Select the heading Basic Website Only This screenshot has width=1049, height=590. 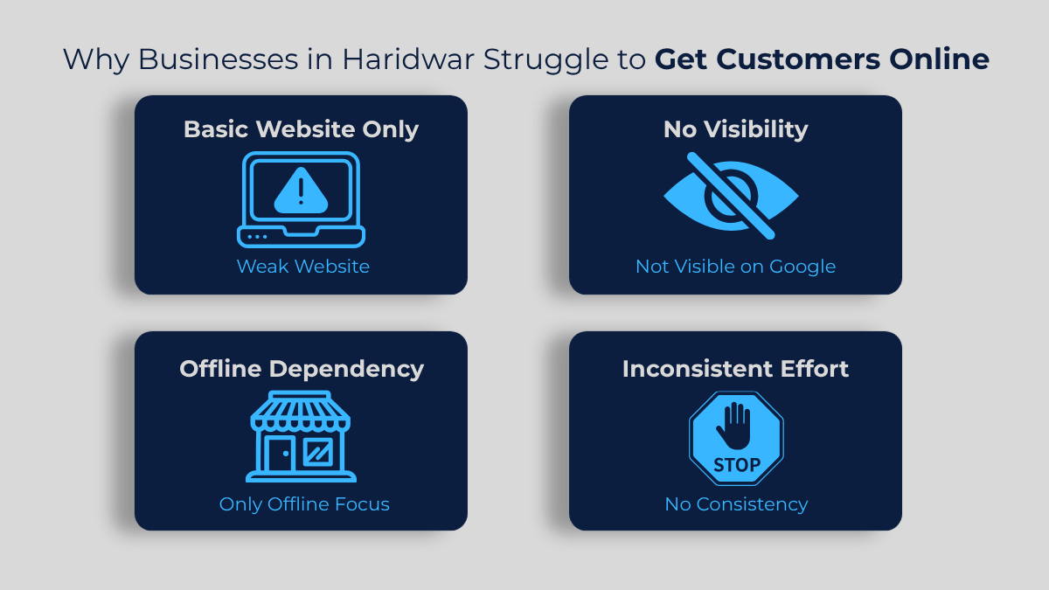point(301,129)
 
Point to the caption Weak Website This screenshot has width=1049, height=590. point(302,266)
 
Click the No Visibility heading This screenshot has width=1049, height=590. point(735,129)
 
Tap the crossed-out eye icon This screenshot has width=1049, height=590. point(731,196)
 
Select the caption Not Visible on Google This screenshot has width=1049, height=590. point(735,266)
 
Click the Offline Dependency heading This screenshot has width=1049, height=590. point(301,368)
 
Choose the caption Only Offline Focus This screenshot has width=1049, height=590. point(304,503)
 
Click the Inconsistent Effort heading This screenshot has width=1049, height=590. point(735,368)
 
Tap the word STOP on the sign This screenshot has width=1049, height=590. point(736,464)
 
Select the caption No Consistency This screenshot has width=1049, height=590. point(735,503)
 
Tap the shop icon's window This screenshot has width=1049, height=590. point(316,452)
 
